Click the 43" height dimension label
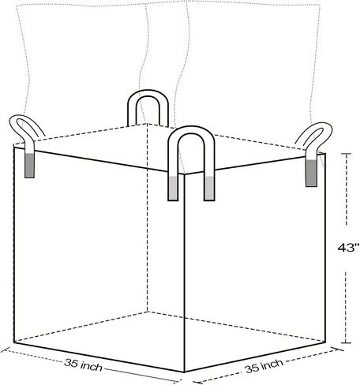pos(348,248)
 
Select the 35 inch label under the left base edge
pos(83,364)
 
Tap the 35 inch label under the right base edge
pos(264,366)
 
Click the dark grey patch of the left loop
pos(29,166)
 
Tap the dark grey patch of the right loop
pos(311,173)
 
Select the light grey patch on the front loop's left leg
pos(173,188)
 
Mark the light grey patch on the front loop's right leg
pos(209,188)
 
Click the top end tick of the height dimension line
pos(347,153)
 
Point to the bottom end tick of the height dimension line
pos(347,343)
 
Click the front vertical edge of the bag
pos(184,273)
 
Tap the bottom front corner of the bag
pos(184,372)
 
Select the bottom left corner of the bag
pos(14,342)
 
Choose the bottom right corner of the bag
pos(325,342)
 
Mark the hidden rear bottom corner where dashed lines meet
pos(148,312)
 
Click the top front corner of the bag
pos(184,174)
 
